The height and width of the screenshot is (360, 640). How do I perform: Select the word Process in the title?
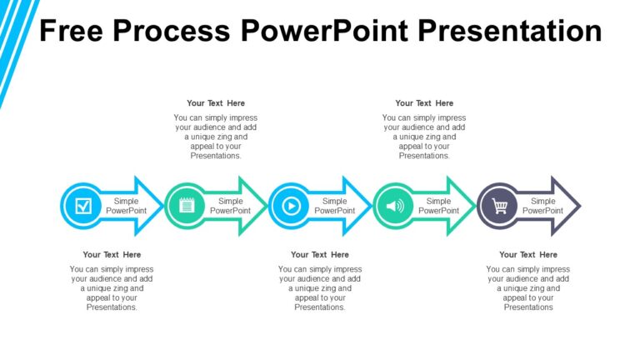pyautogui.click(x=171, y=31)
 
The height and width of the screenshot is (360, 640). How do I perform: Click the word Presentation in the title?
pyautogui.click(x=510, y=31)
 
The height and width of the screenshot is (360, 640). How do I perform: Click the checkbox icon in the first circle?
pyautogui.click(x=83, y=206)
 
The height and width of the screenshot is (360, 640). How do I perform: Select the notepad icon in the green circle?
pyautogui.click(x=187, y=206)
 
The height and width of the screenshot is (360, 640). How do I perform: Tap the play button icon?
pyautogui.click(x=291, y=206)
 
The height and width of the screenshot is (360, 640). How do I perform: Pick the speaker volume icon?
pyautogui.click(x=395, y=206)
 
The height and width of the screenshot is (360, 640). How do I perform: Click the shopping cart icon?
pyautogui.click(x=499, y=206)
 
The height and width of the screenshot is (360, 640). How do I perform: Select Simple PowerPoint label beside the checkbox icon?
pyautogui.click(x=126, y=206)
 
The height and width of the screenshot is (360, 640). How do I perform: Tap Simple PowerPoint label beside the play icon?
pyautogui.click(x=334, y=206)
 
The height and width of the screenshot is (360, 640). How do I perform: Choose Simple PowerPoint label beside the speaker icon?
pyautogui.click(x=438, y=206)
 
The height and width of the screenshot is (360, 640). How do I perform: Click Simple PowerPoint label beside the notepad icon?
pyautogui.click(x=230, y=206)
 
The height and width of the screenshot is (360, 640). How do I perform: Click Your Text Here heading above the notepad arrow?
pyautogui.click(x=216, y=103)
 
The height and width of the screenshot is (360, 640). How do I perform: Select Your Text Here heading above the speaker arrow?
pyautogui.click(x=424, y=103)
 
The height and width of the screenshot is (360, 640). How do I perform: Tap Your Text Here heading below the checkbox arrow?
pyautogui.click(x=112, y=255)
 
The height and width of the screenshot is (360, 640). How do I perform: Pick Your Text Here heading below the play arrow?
pyautogui.click(x=320, y=255)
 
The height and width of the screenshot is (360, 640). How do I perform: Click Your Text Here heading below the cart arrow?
pyautogui.click(x=528, y=255)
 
